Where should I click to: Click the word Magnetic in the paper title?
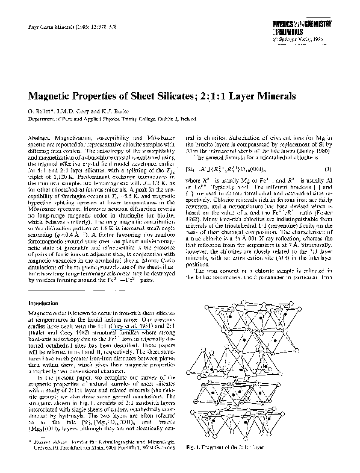point(52,96)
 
